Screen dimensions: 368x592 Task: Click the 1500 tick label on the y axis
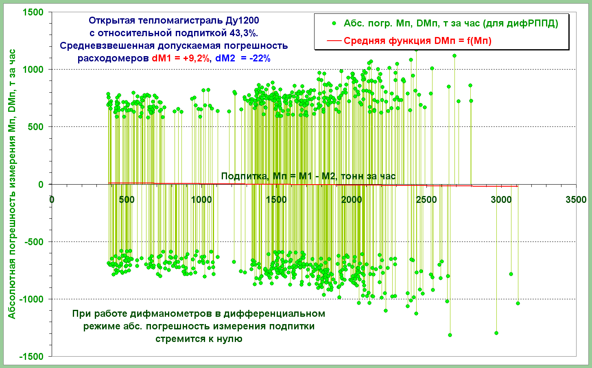34,12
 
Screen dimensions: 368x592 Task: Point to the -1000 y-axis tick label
32,299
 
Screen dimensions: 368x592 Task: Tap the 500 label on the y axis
36,127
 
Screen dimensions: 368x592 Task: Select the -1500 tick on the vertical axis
32,357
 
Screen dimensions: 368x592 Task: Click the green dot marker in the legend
334,23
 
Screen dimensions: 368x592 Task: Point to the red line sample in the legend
334,41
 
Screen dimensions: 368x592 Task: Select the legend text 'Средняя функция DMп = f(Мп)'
417,41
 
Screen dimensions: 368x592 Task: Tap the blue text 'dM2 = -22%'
243,58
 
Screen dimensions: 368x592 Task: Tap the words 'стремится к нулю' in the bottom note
199,339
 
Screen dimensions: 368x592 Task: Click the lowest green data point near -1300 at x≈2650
450,335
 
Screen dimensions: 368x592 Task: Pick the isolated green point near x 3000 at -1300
496,333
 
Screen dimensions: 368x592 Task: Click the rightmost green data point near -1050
518,303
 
